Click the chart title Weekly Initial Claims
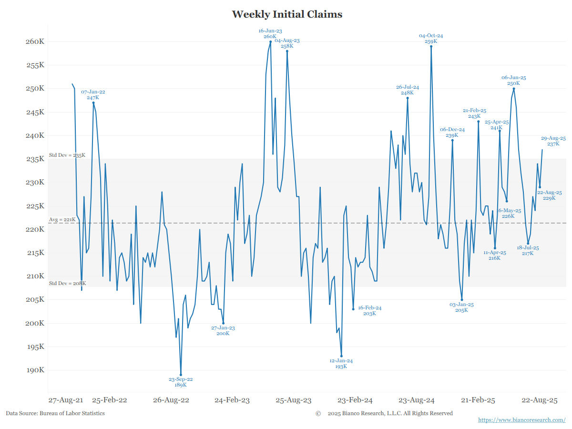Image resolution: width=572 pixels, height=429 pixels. [287, 14]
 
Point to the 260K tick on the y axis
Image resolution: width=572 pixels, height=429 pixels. [35, 41]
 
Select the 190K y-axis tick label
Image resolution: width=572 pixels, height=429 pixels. [35, 370]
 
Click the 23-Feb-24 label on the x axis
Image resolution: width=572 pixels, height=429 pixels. [355, 400]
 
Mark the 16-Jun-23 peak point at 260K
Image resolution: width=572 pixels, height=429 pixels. [270, 41]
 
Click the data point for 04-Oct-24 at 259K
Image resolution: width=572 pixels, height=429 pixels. [431, 46]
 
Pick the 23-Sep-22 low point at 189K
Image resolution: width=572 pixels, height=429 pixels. [181, 375]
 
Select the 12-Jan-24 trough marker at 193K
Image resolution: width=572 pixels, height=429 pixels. [341, 356]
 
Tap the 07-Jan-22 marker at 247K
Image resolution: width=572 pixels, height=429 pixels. [93, 102]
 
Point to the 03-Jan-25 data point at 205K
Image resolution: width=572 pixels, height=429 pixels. [462, 300]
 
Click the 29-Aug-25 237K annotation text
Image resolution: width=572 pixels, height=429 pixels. [553, 141]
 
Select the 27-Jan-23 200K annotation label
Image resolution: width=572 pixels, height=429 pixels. [223, 331]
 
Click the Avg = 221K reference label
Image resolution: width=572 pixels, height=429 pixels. [62, 220]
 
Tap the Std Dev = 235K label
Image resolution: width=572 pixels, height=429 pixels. [67, 155]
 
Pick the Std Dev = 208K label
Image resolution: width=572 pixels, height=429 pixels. [67, 284]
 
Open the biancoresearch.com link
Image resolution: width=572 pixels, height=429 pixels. [521, 420]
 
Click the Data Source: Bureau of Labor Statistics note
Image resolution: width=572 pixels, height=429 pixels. [55, 413]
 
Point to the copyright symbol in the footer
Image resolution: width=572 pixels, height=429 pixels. [318, 413]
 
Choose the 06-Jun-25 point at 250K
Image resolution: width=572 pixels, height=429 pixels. [513, 89]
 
